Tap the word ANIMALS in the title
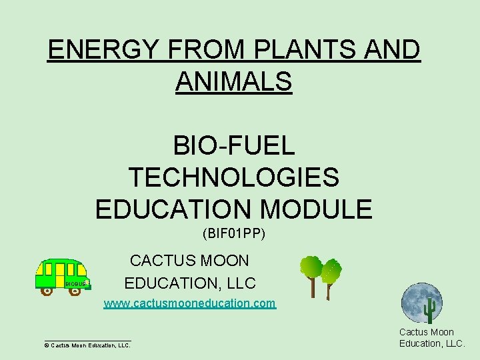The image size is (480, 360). pos(233,82)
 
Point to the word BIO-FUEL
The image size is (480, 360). pos(233,145)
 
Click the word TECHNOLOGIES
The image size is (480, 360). pos(233,177)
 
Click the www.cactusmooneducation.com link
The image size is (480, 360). pos(189,304)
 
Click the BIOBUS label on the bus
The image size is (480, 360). pos(74,284)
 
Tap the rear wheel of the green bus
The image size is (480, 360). pos(47,291)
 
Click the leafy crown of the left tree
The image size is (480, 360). pos(311,267)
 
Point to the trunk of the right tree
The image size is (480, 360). pos(328,291)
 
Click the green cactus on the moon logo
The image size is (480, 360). pos(430,309)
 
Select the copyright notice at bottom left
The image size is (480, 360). pos(87,345)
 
